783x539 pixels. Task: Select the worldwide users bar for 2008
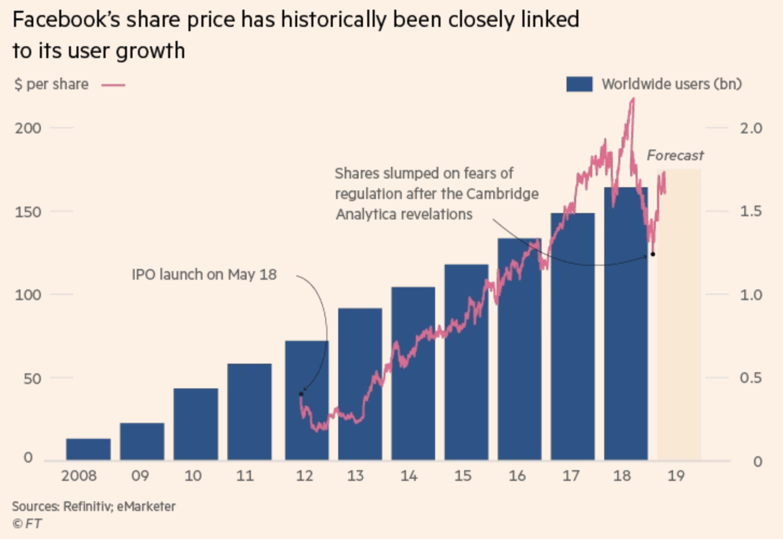click(x=88, y=449)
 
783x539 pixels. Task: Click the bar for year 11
click(x=249, y=412)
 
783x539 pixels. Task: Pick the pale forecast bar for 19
click(x=679, y=315)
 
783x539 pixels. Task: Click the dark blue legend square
click(x=579, y=84)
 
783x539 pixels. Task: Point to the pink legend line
click(x=113, y=85)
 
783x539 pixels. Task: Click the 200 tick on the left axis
click(x=28, y=128)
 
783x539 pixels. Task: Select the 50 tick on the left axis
click(x=32, y=379)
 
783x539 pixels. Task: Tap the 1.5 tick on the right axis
click(x=750, y=211)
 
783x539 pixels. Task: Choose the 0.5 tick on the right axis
click(x=750, y=378)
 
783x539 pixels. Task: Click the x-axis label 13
click(x=355, y=476)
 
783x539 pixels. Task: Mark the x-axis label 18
click(x=622, y=476)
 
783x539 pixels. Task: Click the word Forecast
click(x=675, y=155)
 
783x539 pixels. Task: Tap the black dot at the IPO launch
click(x=301, y=394)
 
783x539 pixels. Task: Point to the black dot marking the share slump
click(x=653, y=254)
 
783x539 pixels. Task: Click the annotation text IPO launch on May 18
click(x=204, y=274)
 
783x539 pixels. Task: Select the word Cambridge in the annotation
click(x=502, y=194)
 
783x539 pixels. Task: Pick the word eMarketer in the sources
click(x=146, y=507)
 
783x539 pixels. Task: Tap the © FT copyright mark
click(x=27, y=523)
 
